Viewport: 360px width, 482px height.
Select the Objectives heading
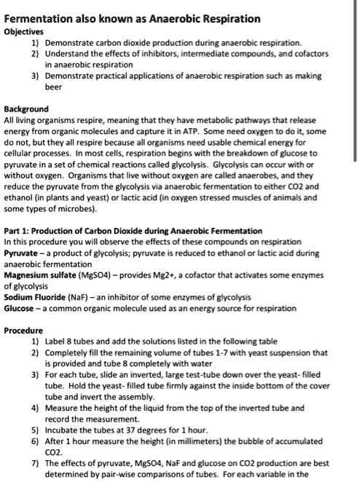24,32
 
